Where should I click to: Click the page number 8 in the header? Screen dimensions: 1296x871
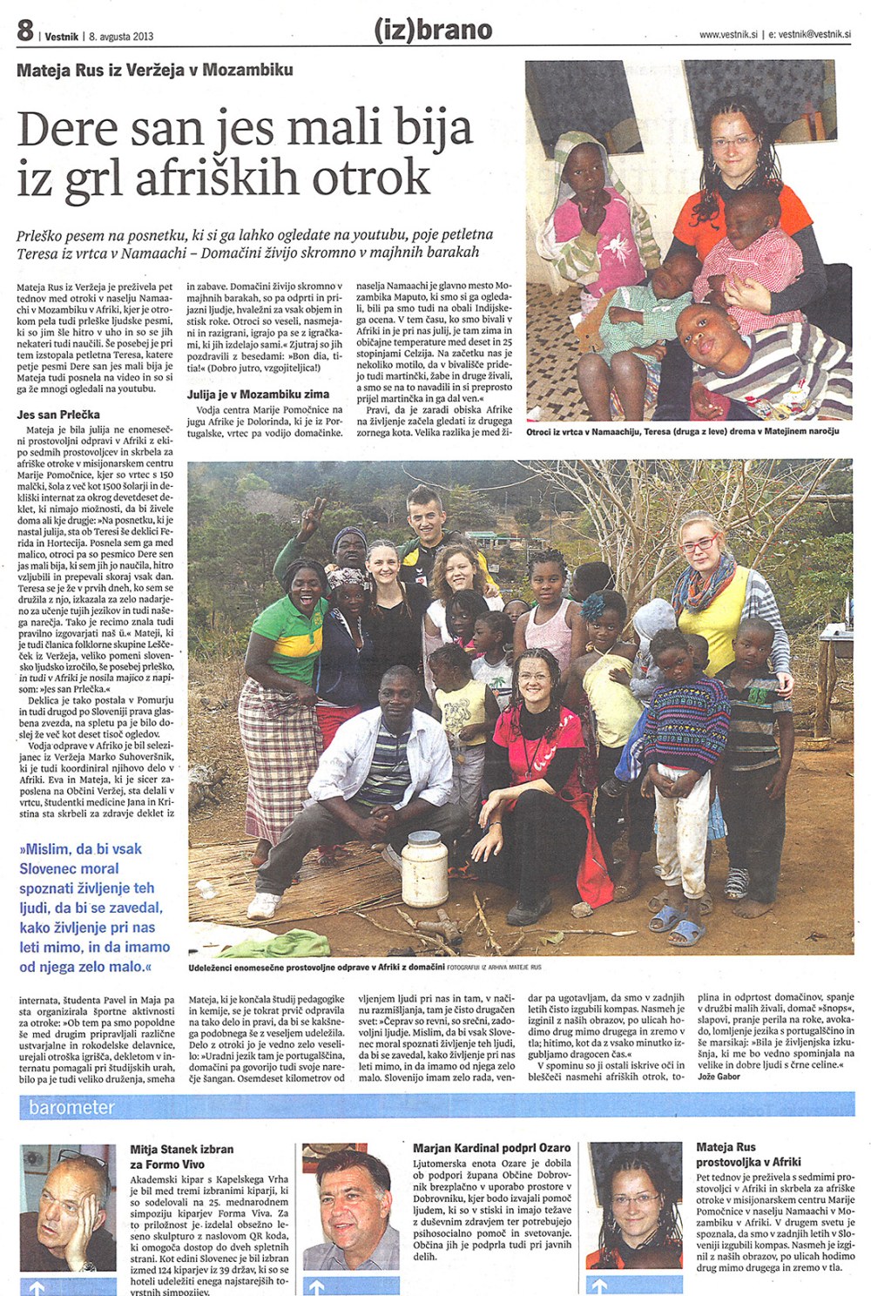(x=24, y=31)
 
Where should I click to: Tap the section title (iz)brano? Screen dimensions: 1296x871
(x=433, y=30)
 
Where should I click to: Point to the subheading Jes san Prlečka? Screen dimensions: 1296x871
(x=58, y=415)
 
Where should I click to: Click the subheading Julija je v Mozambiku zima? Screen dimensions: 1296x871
(x=258, y=395)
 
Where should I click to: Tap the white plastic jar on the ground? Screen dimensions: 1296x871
(x=425, y=867)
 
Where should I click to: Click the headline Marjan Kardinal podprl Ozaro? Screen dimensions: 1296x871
(x=491, y=1148)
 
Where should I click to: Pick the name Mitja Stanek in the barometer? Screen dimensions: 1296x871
(x=159, y=1150)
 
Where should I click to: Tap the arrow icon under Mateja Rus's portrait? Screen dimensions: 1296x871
(x=598, y=1286)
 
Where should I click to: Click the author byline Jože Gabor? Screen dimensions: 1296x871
(x=719, y=1077)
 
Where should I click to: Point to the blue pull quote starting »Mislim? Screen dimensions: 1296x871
(x=94, y=907)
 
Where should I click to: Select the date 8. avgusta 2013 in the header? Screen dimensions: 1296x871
(x=121, y=37)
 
